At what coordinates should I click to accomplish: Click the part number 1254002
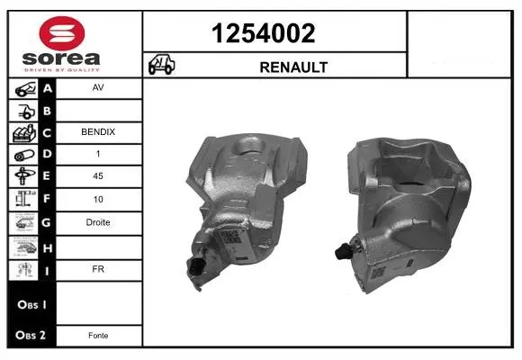pyautogui.click(x=263, y=33)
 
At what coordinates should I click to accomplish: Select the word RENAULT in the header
pyautogui.click(x=293, y=67)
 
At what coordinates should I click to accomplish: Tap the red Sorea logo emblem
pyautogui.click(x=62, y=33)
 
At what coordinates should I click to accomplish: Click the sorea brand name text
pyautogui.click(x=61, y=58)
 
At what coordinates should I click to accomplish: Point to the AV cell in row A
pyautogui.click(x=98, y=87)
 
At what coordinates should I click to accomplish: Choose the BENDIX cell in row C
pyautogui.click(x=98, y=132)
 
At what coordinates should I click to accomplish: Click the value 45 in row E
pyautogui.click(x=98, y=175)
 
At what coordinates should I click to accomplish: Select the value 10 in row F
pyautogui.click(x=98, y=199)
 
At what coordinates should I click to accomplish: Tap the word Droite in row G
pyautogui.click(x=98, y=222)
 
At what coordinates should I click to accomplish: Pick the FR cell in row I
pyautogui.click(x=98, y=269)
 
